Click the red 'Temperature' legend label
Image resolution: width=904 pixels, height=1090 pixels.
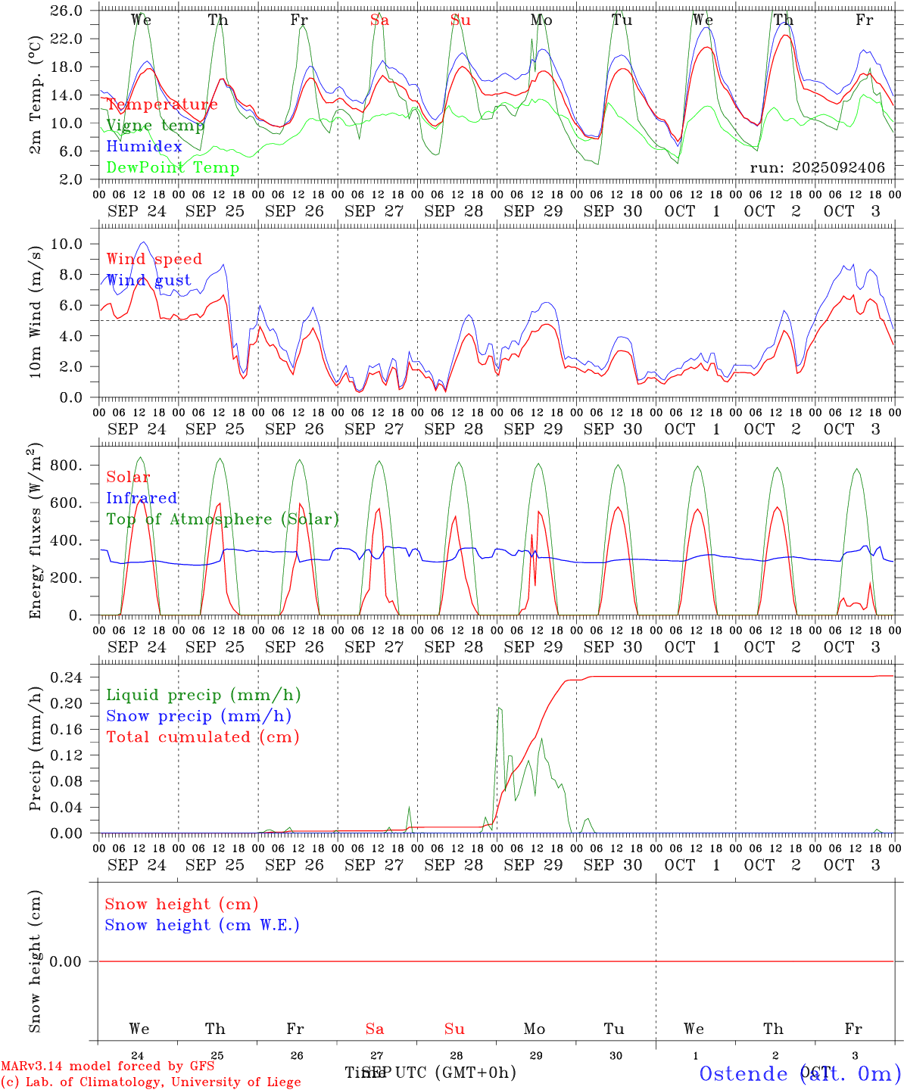(x=162, y=104)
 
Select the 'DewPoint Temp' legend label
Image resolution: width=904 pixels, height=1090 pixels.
(x=173, y=168)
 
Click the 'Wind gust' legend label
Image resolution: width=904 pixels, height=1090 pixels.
(x=148, y=280)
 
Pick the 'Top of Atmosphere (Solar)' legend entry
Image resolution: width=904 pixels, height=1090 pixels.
(x=223, y=519)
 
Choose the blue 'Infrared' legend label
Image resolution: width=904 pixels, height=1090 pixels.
(x=142, y=498)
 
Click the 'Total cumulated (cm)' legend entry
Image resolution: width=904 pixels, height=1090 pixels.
(x=203, y=737)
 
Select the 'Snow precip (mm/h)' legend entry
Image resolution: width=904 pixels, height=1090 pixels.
(x=198, y=716)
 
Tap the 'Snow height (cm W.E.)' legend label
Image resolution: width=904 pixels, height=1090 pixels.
(x=202, y=925)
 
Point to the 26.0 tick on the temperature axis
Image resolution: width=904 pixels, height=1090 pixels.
(x=68, y=11)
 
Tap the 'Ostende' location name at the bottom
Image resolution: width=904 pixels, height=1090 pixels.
(x=744, y=1074)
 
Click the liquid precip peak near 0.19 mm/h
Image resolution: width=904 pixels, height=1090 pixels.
(x=499, y=708)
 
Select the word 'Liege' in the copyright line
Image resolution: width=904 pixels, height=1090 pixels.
(x=282, y=1082)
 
